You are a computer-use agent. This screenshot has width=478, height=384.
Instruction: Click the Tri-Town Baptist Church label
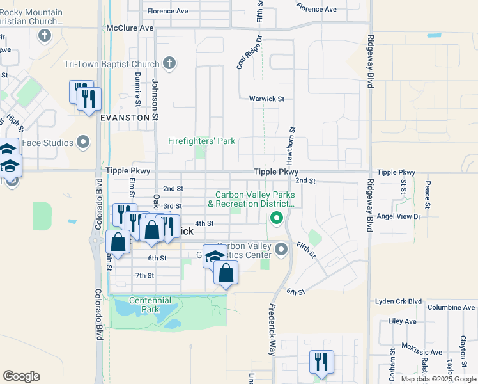click(x=111, y=64)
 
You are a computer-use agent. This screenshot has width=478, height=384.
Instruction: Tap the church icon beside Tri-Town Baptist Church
click(x=169, y=63)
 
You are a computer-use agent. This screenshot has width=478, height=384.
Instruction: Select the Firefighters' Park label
click(x=202, y=141)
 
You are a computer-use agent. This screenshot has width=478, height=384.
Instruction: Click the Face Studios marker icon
click(x=83, y=142)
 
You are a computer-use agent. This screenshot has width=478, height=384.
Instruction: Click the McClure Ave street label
click(x=130, y=28)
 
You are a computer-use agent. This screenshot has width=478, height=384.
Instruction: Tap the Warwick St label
click(x=266, y=99)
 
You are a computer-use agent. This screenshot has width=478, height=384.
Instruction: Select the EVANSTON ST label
click(x=128, y=118)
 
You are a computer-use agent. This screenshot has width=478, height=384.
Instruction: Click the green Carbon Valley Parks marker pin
click(x=277, y=219)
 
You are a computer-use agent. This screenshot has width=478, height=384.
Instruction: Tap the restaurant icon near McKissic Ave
click(x=320, y=362)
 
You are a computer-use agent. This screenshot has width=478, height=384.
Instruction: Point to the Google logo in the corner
click(x=21, y=376)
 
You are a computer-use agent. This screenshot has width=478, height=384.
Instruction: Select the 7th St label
click(x=145, y=275)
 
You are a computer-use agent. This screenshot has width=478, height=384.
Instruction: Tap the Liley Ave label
click(x=402, y=321)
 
